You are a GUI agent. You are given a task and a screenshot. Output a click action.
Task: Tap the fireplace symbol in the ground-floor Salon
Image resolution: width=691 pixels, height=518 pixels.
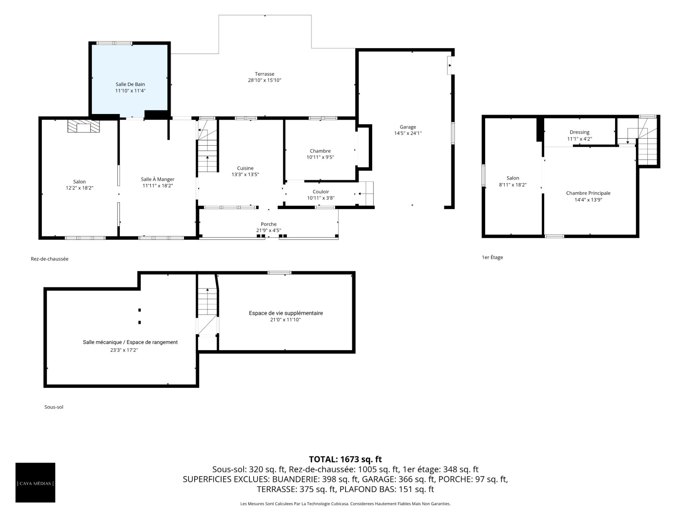[83, 126]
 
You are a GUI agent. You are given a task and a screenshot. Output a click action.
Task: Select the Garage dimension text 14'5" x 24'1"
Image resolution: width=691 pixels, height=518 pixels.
[408, 133]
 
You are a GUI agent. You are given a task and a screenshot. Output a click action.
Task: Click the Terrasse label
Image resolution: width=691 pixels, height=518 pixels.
[265, 74]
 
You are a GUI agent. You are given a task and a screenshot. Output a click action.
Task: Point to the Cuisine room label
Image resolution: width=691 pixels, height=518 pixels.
[245, 168]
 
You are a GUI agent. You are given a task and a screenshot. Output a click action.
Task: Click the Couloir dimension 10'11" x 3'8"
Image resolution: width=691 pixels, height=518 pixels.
[321, 198]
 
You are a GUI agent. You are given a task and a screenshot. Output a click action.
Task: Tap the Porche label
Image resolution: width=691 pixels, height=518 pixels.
[268, 224]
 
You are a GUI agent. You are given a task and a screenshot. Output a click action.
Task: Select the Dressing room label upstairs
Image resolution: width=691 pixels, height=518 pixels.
[579, 132]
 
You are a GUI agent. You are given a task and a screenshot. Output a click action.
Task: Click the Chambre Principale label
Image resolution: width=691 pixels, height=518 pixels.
[588, 193]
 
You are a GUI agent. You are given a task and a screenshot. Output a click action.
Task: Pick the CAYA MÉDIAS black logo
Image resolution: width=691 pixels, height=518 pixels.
[35, 482]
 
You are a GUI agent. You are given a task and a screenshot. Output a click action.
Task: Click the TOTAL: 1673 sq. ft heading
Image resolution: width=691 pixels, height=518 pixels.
[345, 459]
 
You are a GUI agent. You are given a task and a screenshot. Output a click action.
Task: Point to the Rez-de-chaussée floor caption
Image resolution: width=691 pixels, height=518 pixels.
[50, 259]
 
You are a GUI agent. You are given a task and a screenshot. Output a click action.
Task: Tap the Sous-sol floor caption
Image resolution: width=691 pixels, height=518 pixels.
[54, 407]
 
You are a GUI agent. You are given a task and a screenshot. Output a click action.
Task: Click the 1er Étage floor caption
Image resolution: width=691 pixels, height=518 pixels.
[492, 257]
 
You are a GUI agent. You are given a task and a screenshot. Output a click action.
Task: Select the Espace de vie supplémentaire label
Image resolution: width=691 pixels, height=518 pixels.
[286, 313]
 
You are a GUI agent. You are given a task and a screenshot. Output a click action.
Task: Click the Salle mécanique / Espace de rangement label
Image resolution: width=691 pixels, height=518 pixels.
[130, 342]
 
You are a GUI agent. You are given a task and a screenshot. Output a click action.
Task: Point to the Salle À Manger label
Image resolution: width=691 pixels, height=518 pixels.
[158, 180]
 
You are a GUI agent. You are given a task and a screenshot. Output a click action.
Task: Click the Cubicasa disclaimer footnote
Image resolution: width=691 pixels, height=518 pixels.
[345, 504]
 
